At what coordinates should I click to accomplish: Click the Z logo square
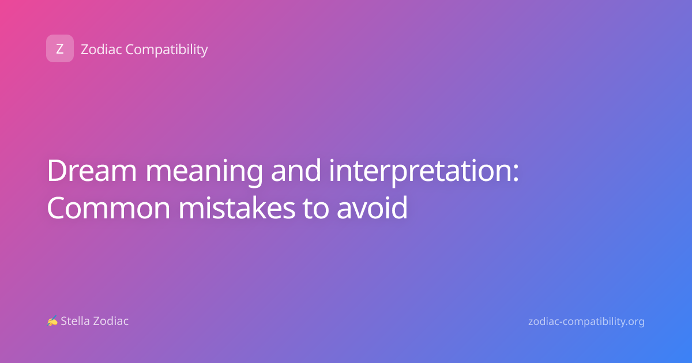point(60,48)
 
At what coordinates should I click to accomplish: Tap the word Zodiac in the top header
point(101,50)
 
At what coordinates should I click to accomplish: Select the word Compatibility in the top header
point(167,50)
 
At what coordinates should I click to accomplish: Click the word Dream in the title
point(92,171)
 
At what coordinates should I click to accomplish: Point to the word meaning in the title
point(204,172)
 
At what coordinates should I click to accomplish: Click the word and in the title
point(296,170)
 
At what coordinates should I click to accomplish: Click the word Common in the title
point(108,208)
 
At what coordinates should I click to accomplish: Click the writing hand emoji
point(52,321)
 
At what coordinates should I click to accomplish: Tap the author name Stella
point(75,321)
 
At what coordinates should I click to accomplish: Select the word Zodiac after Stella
point(111,321)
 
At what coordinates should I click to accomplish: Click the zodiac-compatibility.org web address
point(586,322)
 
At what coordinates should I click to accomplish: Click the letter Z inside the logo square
point(60,49)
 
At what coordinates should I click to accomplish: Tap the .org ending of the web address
point(632,322)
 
